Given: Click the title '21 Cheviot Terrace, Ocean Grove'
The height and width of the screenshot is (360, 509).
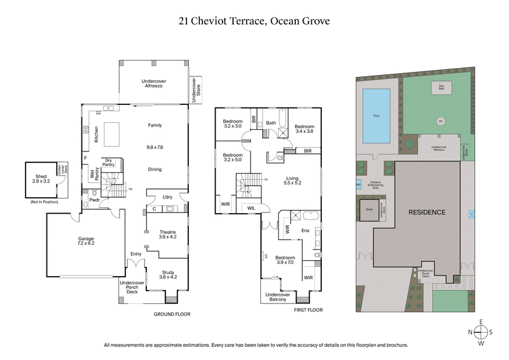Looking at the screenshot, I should tap(254, 21).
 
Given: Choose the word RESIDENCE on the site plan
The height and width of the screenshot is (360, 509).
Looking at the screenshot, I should tap(426, 212).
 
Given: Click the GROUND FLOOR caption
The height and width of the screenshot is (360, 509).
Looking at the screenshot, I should tap(172, 314).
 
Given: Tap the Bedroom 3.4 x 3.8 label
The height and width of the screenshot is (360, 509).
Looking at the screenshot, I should tap(305, 129).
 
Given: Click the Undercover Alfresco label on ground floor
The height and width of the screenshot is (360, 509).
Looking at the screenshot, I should tap(153, 83).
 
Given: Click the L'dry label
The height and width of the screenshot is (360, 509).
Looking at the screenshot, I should tap(167, 197).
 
